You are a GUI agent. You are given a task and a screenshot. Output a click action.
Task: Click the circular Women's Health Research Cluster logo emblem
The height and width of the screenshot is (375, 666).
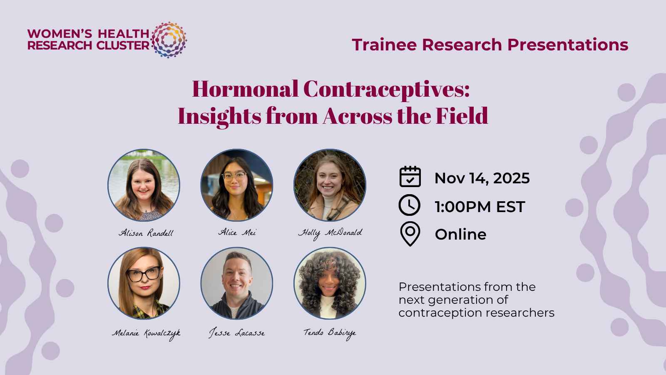(169, 40)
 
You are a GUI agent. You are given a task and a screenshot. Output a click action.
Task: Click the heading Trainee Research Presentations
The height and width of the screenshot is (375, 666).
(490, 45)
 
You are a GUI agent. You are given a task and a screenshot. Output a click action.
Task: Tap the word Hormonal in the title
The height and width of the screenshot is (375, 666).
(245, 89)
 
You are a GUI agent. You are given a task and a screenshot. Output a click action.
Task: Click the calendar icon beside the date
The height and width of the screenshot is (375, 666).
(410, 177)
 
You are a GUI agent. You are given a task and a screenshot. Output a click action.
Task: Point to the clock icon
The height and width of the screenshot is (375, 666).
(410, 205)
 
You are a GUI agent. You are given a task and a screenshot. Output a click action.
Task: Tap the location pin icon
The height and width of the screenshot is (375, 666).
(410, 234)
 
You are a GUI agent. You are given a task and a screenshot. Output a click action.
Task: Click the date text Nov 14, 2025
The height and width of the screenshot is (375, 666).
(482, 178)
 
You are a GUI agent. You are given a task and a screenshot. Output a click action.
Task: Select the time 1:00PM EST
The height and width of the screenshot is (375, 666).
(480, 207)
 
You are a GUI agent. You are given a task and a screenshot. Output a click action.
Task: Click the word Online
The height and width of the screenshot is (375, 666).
(460, 234)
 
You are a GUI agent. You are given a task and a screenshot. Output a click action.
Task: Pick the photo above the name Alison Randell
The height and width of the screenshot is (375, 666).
(144, 185)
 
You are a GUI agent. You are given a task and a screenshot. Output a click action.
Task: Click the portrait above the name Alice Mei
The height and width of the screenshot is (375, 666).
(237, 185)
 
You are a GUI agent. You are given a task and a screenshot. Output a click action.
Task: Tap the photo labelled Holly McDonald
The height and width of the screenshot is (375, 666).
(330, 185)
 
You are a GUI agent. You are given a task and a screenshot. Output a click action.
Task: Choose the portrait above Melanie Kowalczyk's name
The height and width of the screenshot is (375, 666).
(144, 283)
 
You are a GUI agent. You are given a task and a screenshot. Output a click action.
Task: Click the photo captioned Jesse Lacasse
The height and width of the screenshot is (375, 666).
(237, 283)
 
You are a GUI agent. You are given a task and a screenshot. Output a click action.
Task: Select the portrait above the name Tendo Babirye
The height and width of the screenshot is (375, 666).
(330, 283)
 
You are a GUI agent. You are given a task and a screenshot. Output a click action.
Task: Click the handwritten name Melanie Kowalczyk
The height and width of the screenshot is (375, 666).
(146, 334)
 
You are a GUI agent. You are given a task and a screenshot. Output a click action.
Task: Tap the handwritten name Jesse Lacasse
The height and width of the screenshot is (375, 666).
(237, 333)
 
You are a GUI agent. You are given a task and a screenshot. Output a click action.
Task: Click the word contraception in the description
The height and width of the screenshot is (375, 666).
(440, 313)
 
